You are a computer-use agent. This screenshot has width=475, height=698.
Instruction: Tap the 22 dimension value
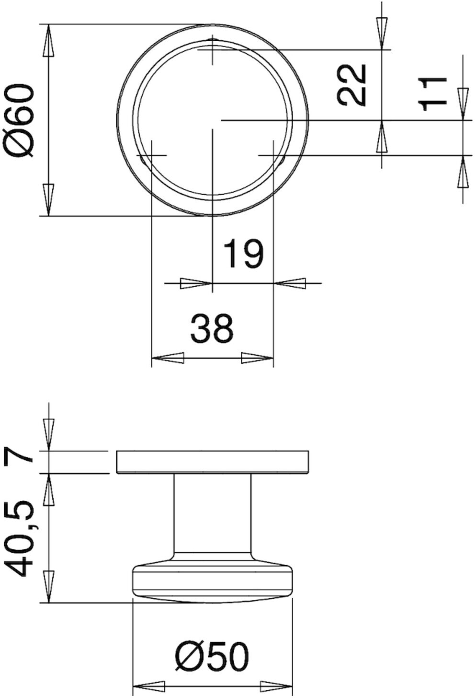352,85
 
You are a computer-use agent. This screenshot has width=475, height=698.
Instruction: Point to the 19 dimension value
243,253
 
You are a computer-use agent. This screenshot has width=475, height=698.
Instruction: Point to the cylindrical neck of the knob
213,513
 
